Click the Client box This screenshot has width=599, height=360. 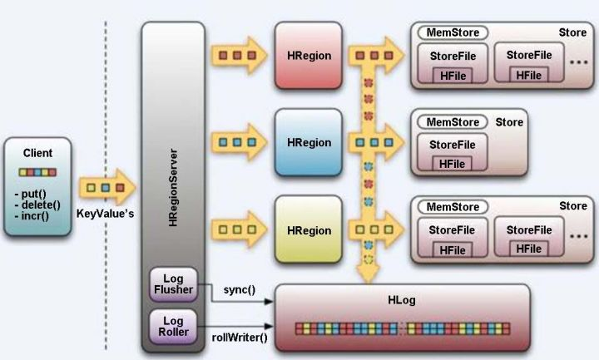point(38,188)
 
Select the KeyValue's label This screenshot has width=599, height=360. point(105,214)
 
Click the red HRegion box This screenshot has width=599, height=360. point(308,57)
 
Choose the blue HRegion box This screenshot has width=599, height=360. point(308,143)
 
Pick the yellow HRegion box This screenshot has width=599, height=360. point(308,229)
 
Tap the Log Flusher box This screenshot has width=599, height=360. point(172,284)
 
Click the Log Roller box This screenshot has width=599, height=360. point(172,325)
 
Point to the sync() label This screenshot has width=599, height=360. point(240,290)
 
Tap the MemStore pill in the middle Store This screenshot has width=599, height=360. point(453,122)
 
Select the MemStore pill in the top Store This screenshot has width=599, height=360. point(453,34)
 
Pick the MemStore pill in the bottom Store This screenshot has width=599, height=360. point(453,206)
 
